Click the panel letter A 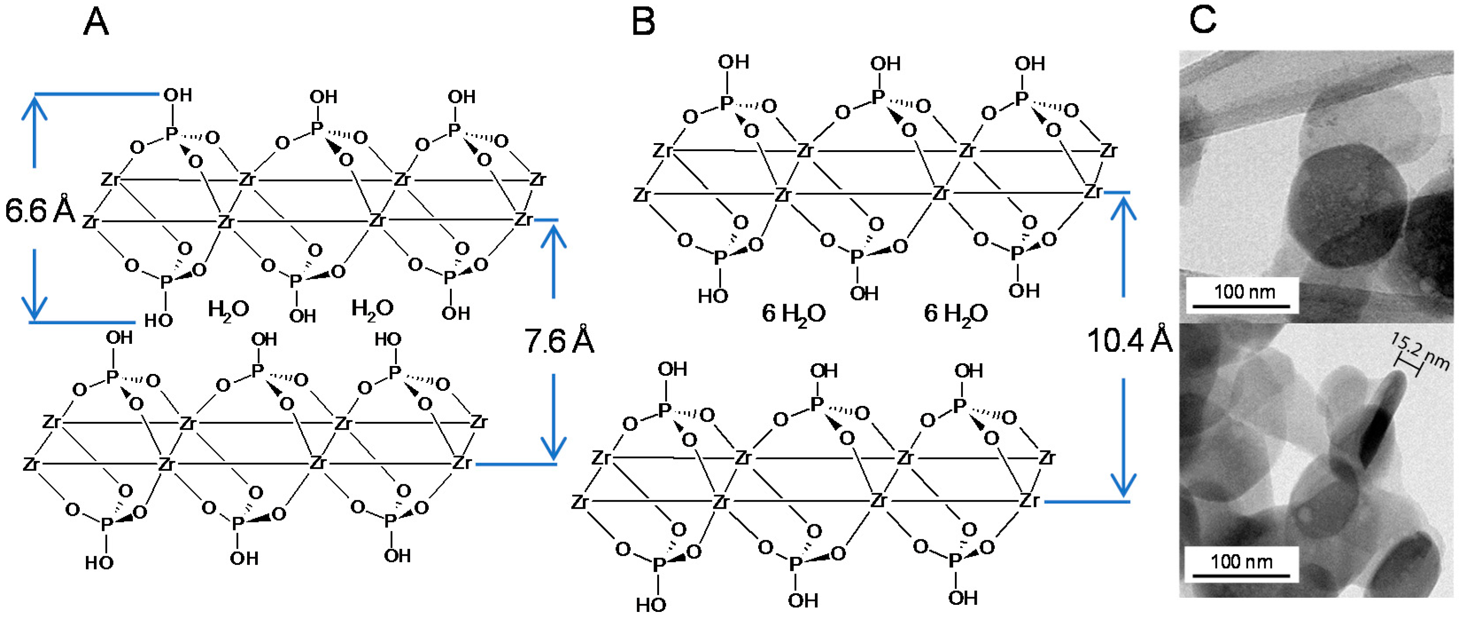click(96, 23)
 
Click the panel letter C click(1202, 19)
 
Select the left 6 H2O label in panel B click(793, 314)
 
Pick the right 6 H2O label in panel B click(956, 314)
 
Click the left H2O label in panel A click(228, 310)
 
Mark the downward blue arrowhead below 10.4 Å click(1123, 485)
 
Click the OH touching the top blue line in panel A click(178, 95)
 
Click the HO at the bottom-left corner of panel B click(650, 605)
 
